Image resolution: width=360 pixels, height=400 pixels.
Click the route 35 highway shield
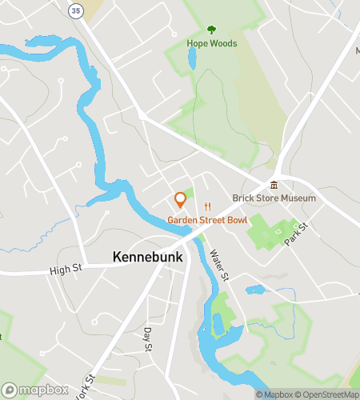[76, 10]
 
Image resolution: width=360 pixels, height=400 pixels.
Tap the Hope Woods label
[212, 43]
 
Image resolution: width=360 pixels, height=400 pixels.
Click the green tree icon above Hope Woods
[212, 30]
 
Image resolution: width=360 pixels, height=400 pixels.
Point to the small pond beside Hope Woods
[192, 58]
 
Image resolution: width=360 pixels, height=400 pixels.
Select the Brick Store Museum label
[274, 198]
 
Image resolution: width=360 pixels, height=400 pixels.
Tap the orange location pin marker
[180, 199]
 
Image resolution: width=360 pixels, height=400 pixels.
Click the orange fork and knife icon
[208, 206]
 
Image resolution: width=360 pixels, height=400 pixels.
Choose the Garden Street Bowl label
[207, 220]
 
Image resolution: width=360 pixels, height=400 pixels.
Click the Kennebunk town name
[148, 258]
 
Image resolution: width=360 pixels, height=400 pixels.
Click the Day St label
[147, 339]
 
